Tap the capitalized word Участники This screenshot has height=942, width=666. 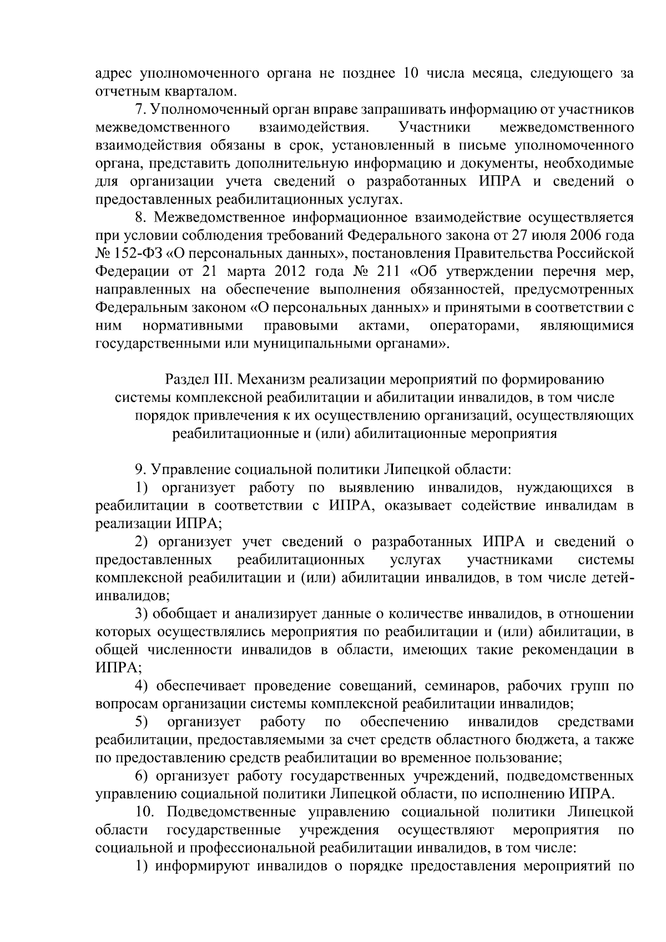coord(435,128)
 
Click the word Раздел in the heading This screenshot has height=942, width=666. coord(187,380)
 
